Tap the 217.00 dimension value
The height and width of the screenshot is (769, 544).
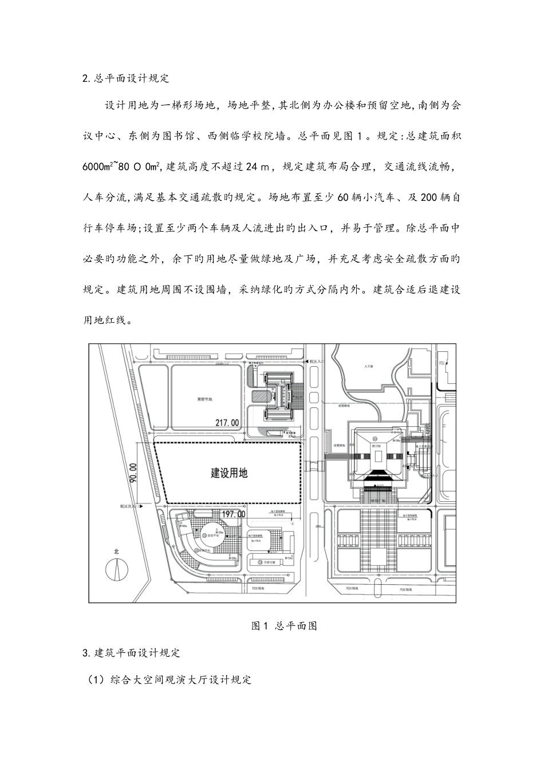click(226, 423)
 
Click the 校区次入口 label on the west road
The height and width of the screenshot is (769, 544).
click(127, 506)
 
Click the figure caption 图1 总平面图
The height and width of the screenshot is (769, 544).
click(285, 626)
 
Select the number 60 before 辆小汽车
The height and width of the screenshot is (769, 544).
click(343, 198)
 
